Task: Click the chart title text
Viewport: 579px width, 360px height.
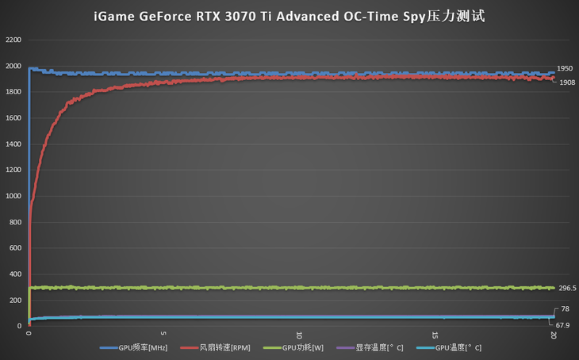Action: pos(289,17)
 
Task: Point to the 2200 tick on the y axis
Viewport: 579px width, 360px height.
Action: pos(13,40)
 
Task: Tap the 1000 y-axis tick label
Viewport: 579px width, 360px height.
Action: pos(13,196)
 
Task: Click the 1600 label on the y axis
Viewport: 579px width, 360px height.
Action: pos(13,117)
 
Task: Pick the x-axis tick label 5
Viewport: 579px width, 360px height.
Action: pos(163,335)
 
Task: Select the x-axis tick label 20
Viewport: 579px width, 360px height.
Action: pos(553,337)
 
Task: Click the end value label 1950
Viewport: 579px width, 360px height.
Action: pos(565,69)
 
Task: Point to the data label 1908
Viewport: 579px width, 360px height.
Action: pos(567,82)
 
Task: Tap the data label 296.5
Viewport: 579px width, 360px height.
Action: pos(567,289)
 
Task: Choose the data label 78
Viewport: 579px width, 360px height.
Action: pos(565,309)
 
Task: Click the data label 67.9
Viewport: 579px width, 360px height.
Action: pos(563,325)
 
